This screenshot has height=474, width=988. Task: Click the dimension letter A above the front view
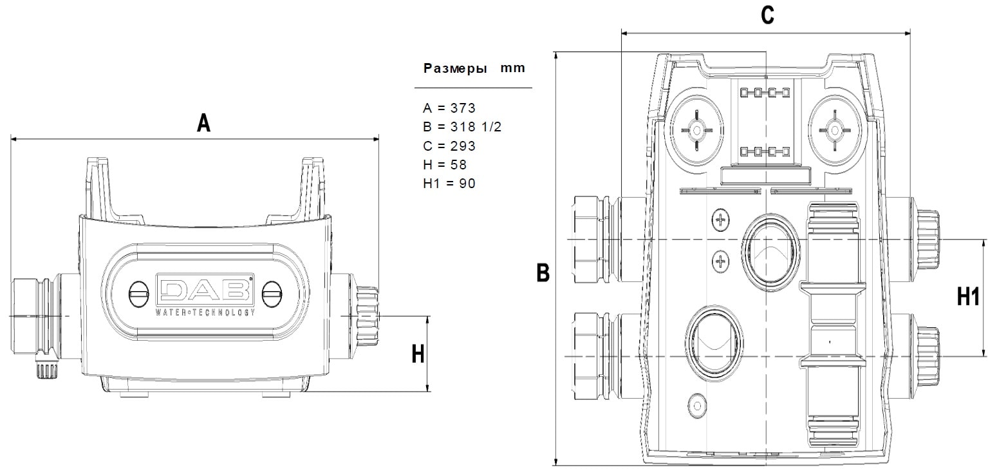click(203, 123)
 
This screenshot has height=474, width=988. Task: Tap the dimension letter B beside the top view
click(543, 272)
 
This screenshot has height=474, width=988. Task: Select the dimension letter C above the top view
click(767, 15)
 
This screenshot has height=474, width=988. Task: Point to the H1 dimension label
click(968, 296)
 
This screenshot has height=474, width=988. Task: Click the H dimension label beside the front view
click(418, 354)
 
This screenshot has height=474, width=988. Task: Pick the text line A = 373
click(449, 108)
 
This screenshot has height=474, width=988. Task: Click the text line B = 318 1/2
click(461, 127)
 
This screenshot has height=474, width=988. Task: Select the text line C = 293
click(449, 146)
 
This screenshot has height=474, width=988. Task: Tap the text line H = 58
click(445, 165)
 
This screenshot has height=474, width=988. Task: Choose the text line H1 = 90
click(449, 184)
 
